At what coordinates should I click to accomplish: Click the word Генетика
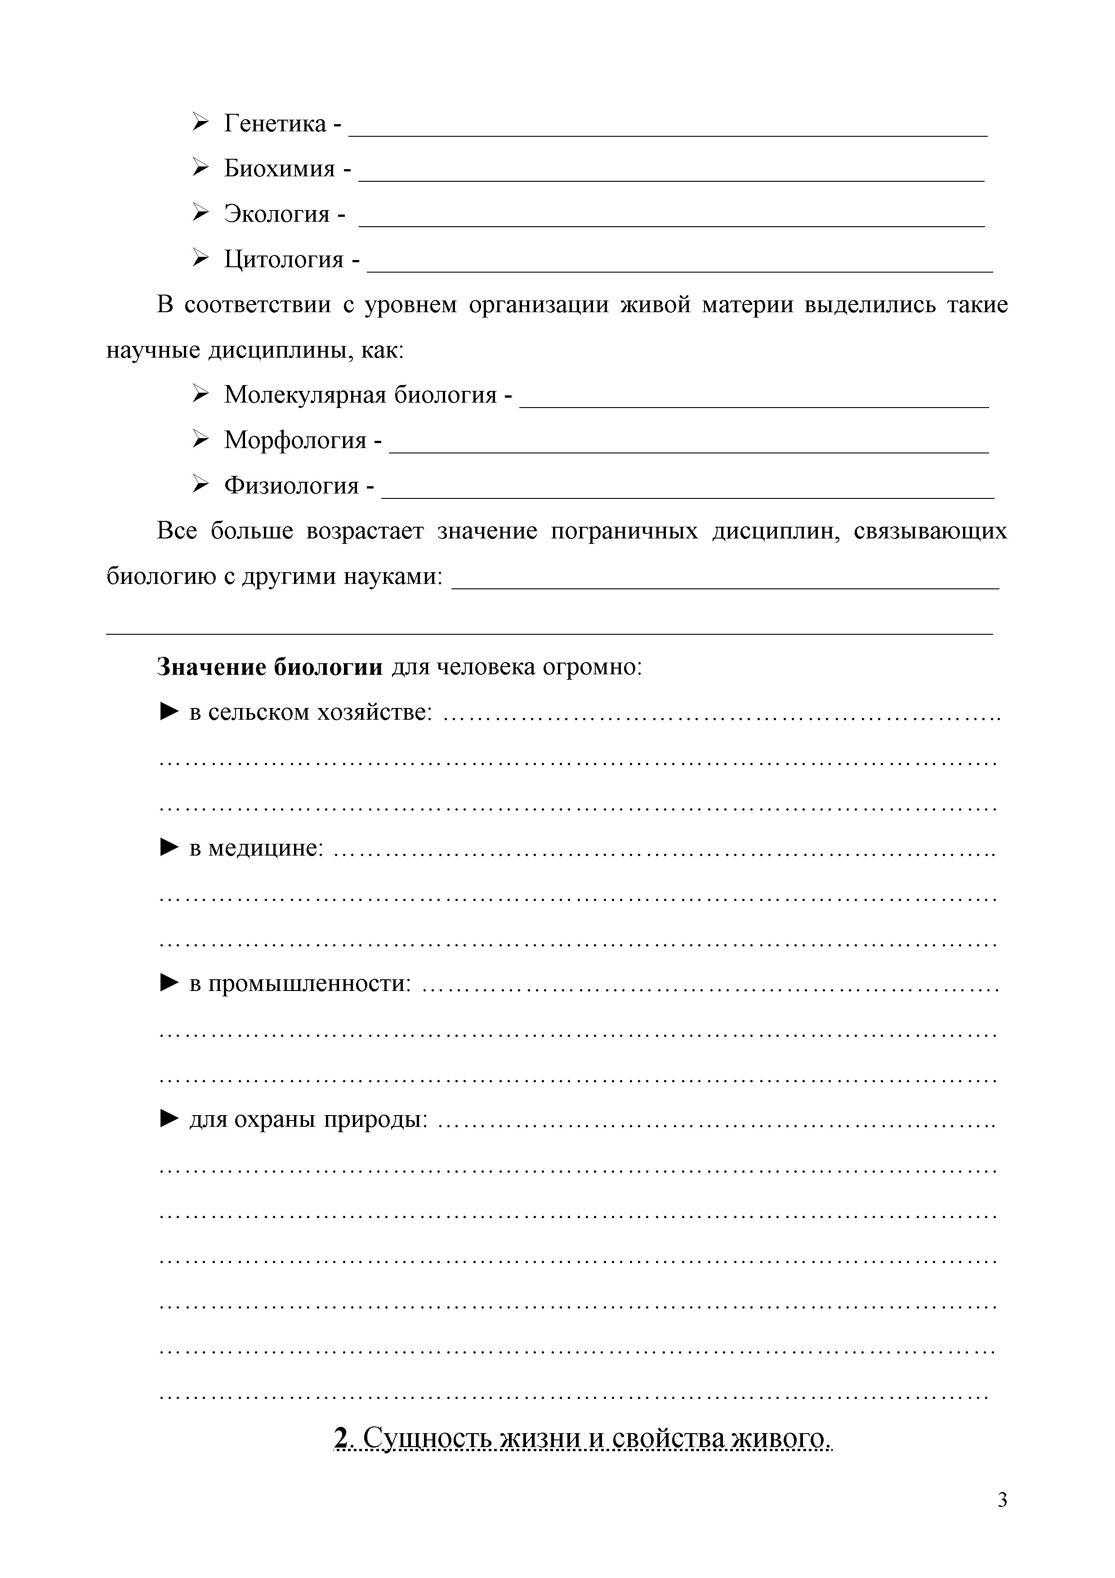click(275, 124)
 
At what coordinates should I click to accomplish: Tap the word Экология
click(277, 215)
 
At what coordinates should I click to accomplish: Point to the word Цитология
click(284, 260)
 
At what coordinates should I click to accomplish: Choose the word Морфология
click(295, 440)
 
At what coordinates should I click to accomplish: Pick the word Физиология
click(291, 486)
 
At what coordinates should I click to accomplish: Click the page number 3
click(1002, 1500)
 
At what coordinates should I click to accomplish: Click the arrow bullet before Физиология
click(200, 485)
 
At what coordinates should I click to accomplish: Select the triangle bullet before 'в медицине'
click(169, 848)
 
